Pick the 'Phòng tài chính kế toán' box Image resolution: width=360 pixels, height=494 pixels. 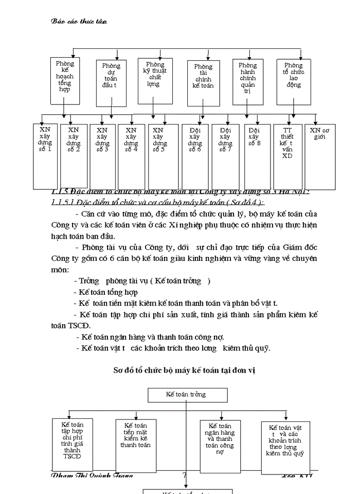point(203,77)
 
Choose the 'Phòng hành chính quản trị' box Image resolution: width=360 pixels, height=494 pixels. point(248,77)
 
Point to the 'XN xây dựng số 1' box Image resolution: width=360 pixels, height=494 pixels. point(45,154)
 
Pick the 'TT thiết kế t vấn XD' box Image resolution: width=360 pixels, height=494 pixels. point(287,154)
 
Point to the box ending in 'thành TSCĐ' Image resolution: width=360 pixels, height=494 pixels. point(72,440)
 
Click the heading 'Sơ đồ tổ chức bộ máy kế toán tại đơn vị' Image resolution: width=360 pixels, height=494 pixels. point(185,369)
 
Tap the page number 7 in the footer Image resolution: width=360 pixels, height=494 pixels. point(184,475)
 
